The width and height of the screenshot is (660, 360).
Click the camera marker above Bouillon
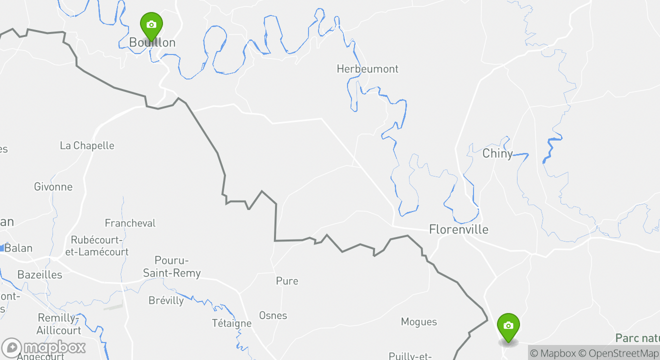pyautogui.click(x=151, y=24)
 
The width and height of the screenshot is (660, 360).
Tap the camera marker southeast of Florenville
pyautogui.click(x=508, y=326)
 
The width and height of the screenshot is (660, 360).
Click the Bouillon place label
pyautogui.click(x=152, y=42)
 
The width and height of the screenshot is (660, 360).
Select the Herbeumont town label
pyautogui.click(x=367, y=69)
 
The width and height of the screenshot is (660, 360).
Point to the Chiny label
pyautogui.click(x=497, y=153)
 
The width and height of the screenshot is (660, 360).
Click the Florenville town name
pyautogui.click(x=458, y=229)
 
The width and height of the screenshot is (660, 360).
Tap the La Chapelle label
pyautogui.click(x=87, y=145)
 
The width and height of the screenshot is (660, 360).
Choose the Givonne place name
pyautogui.click(x=53, y=187)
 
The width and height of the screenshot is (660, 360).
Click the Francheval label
pyautogui.click(x=130, y=223)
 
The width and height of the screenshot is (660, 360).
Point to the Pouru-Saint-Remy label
pyautogui.click(x=171, y=267)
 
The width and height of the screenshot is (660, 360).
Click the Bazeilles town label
pyautogui.click(x=39, y=274)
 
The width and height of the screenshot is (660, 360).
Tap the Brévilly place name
pyautogui.click(x=166, y=300)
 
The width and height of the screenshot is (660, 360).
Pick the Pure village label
pyautogui.click(x=287, y=281)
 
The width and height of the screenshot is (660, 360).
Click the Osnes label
pyautogui.click(x=273, y=315)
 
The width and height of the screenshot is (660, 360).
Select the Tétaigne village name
pyautogui.click(x=231, y=323)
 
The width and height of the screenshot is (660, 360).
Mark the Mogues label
pyautogui.click(x=419, y=322)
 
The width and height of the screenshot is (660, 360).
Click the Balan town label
pyautogui.click(x=18, y=248)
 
